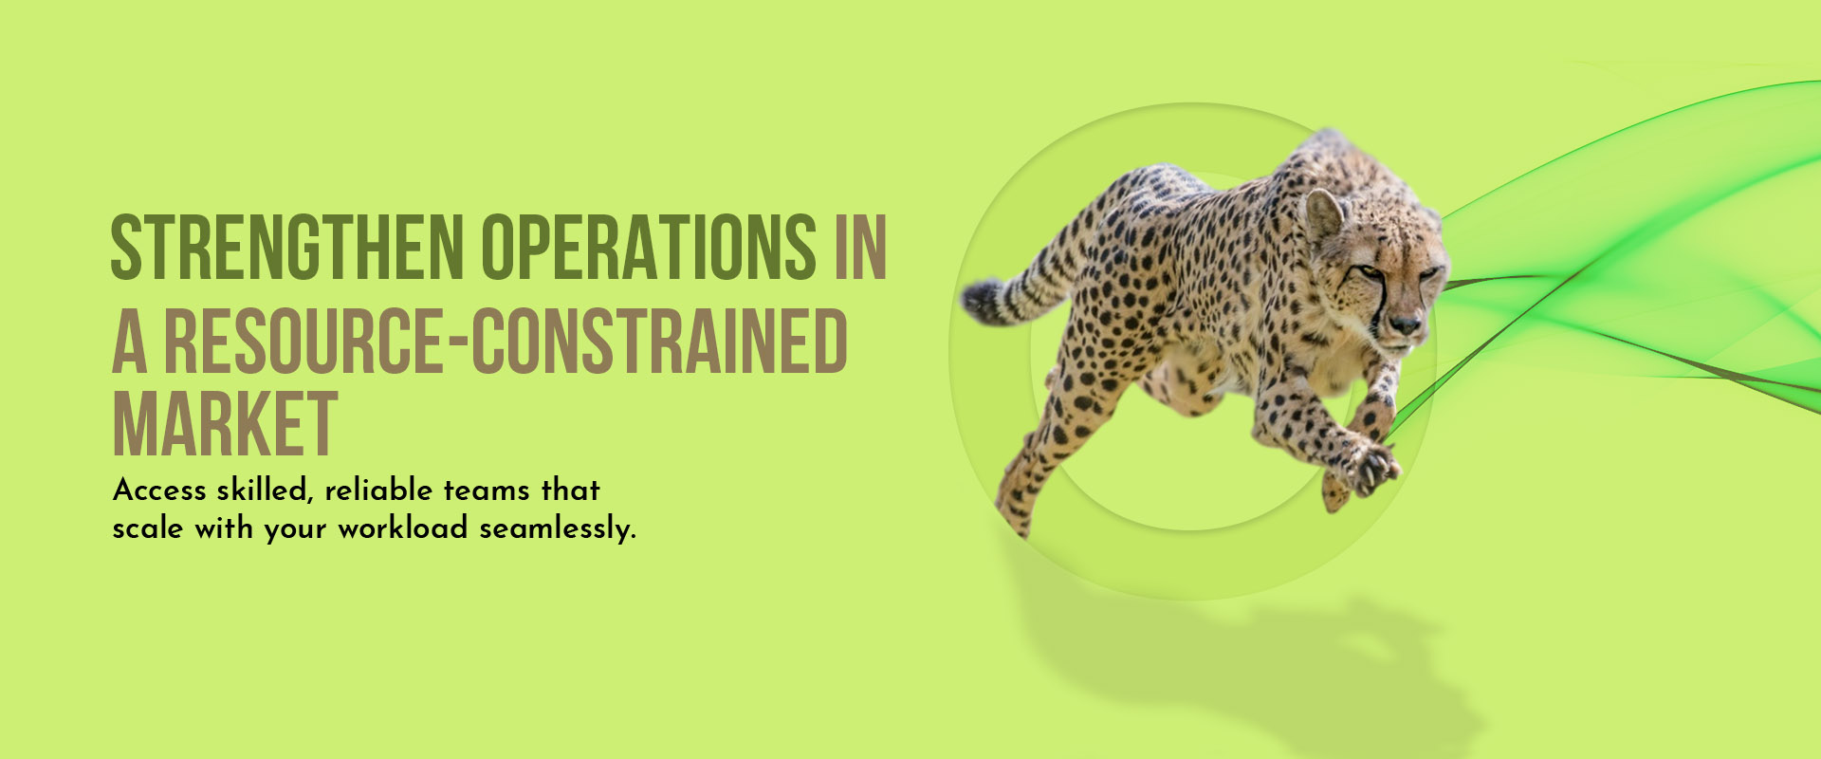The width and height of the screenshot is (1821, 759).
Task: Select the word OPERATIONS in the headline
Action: click(x=649, y=247)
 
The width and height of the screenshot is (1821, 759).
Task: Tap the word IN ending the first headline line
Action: click(x=860, y=247)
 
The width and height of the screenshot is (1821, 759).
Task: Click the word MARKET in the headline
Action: click(x=225, y=423)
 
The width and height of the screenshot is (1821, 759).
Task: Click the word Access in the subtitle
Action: click(x=159, y=490)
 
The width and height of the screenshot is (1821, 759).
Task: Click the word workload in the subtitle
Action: click(x=403, y=528)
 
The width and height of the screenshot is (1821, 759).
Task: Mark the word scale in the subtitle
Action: click(x=148, y=528)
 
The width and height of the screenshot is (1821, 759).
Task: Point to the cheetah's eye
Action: click(x=1368, y=272)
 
